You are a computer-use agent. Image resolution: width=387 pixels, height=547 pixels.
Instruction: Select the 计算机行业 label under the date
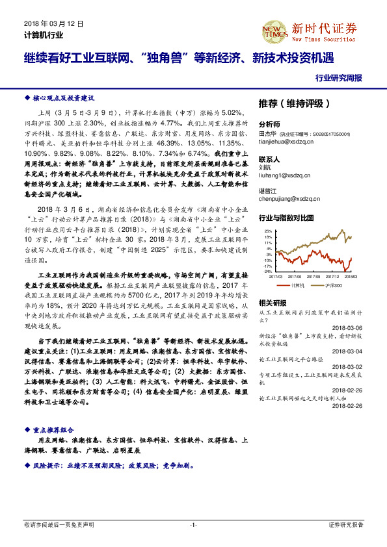(x=44, y=35)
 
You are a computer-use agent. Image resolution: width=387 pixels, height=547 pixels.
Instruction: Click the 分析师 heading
(x=269, y=123)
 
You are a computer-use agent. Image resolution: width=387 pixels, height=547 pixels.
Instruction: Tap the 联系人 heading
(x=269, y=159)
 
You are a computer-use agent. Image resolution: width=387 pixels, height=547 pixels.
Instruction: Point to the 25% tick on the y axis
(x=268, y=231)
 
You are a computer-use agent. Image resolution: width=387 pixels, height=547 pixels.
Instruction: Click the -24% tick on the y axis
(x=267, y=272)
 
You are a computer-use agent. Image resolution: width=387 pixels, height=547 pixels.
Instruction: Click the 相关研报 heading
(x=272, y=303)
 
